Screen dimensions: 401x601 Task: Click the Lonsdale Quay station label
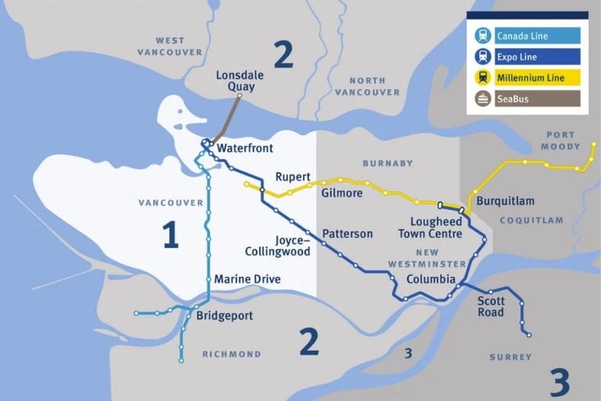click(x=236, y=81)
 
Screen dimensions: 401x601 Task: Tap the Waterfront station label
click(x=245, y=148)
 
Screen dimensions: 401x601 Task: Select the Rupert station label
click(x=292, y=177)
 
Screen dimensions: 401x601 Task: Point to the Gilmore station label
click(x=341, y=193)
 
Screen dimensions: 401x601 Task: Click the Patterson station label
click(x=347, y=234)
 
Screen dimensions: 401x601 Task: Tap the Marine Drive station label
click(x=247, y=279)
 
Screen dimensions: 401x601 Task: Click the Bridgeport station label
click(x=224, y=315)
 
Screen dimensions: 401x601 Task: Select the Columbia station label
click(x=431, y=279)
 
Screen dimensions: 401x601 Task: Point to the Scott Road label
click(x=491, y=306)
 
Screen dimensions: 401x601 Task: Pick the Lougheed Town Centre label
click(x=430, y=228)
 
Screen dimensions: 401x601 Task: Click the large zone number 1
click(x=171, y=235)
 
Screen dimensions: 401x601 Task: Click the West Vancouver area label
click(x=170, y=46)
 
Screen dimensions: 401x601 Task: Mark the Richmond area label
click(x=232, y=354)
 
